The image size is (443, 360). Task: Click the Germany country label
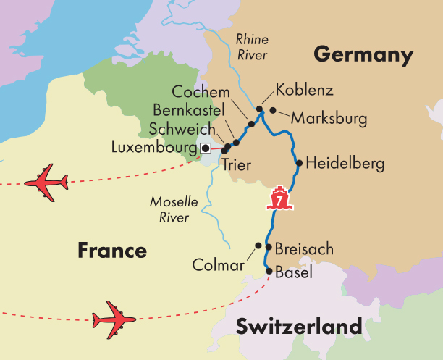363,55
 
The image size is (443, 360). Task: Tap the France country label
112,251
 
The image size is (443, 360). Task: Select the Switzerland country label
299,327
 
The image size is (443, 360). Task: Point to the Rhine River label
252,48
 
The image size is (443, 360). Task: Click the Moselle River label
169,209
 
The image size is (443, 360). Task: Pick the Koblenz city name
305,91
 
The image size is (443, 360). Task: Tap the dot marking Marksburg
273,110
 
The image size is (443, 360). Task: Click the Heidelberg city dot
299,164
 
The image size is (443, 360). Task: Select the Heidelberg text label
345,164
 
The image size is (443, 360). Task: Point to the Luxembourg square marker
206,148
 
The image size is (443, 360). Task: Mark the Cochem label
201,93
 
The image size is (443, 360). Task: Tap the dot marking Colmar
258,246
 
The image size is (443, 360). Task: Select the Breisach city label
304,249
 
